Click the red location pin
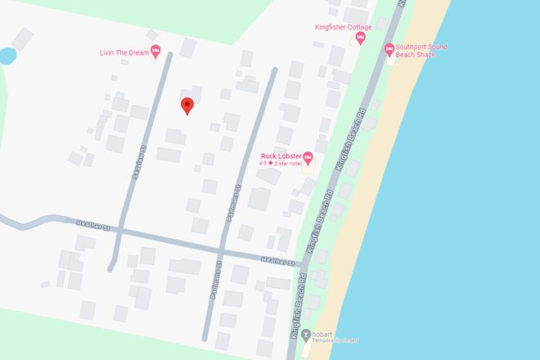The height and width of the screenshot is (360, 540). pos(187,106)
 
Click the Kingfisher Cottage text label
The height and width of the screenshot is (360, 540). pos(343,27)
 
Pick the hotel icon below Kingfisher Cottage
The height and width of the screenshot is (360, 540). pos(360,40)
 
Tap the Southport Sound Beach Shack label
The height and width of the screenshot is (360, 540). pos(421,51)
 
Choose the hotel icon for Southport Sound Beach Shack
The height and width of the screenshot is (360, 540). pos(389,50)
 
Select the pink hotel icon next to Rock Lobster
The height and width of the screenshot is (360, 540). pos(308,157)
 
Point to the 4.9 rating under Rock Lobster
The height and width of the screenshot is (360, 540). pos(262,164)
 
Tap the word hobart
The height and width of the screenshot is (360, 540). pos(326,333)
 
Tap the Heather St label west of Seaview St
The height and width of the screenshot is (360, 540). pos(94,223)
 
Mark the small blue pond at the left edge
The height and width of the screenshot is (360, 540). pos(6,56)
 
